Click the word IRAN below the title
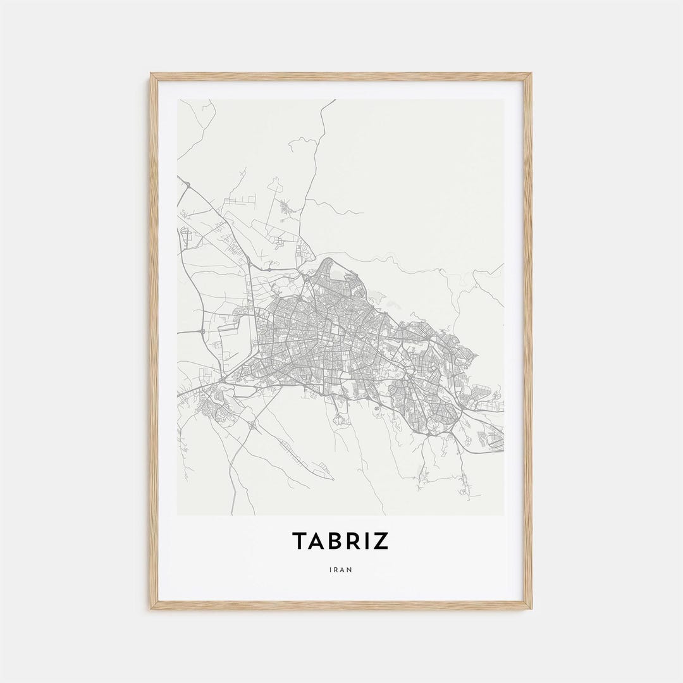[x=341, y=569]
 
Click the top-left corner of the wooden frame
[x=151, y=74]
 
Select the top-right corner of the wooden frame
[x=531, y=74]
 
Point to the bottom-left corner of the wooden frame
[x=151, y=608]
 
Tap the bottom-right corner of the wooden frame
[x=531, y=608]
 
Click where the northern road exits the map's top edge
[x=335, y=100]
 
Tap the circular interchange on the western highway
[x=202, y=331]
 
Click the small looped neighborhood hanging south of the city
[x=341, y=418]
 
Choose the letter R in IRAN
[x=335, y=569]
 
